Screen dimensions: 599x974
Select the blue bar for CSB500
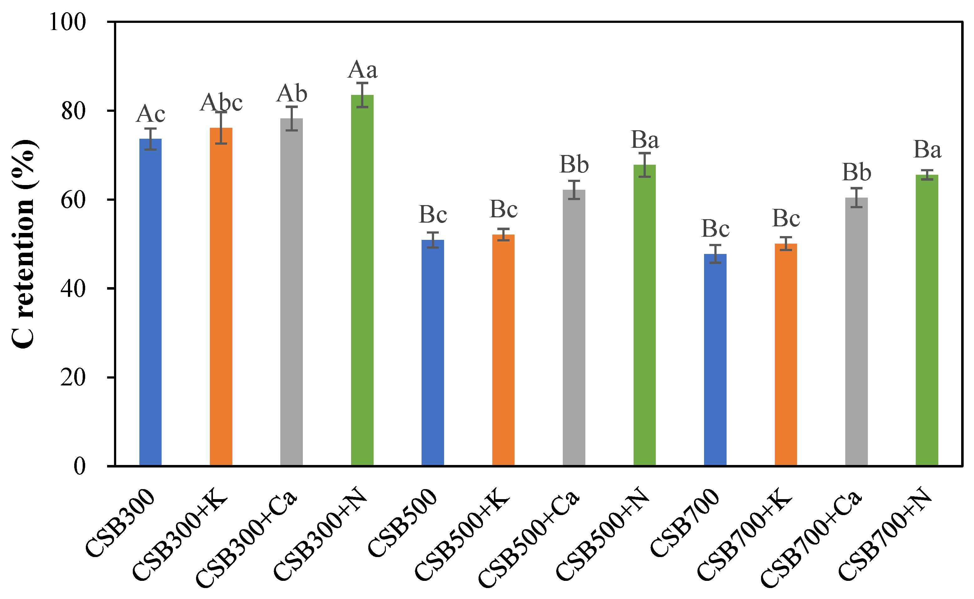[433, 353]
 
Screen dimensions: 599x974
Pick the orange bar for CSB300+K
[221, 297]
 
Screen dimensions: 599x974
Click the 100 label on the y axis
[67, 22]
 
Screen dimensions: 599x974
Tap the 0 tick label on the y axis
[79, 467]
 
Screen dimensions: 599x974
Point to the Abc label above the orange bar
[221, 103]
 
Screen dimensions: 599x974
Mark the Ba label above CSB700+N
[927, 150]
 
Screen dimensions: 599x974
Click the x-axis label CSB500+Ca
[529, 539]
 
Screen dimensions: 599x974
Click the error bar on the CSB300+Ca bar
[292, 118]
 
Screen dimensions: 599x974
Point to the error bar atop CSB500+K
[503, 235]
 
